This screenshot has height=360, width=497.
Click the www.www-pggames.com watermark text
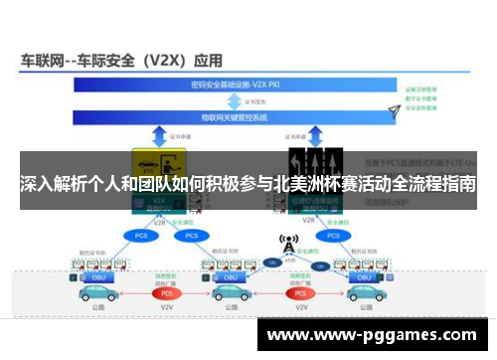(375, 335)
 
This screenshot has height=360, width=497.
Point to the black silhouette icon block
(315, 162)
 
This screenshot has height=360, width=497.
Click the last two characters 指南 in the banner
(459, 185)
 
